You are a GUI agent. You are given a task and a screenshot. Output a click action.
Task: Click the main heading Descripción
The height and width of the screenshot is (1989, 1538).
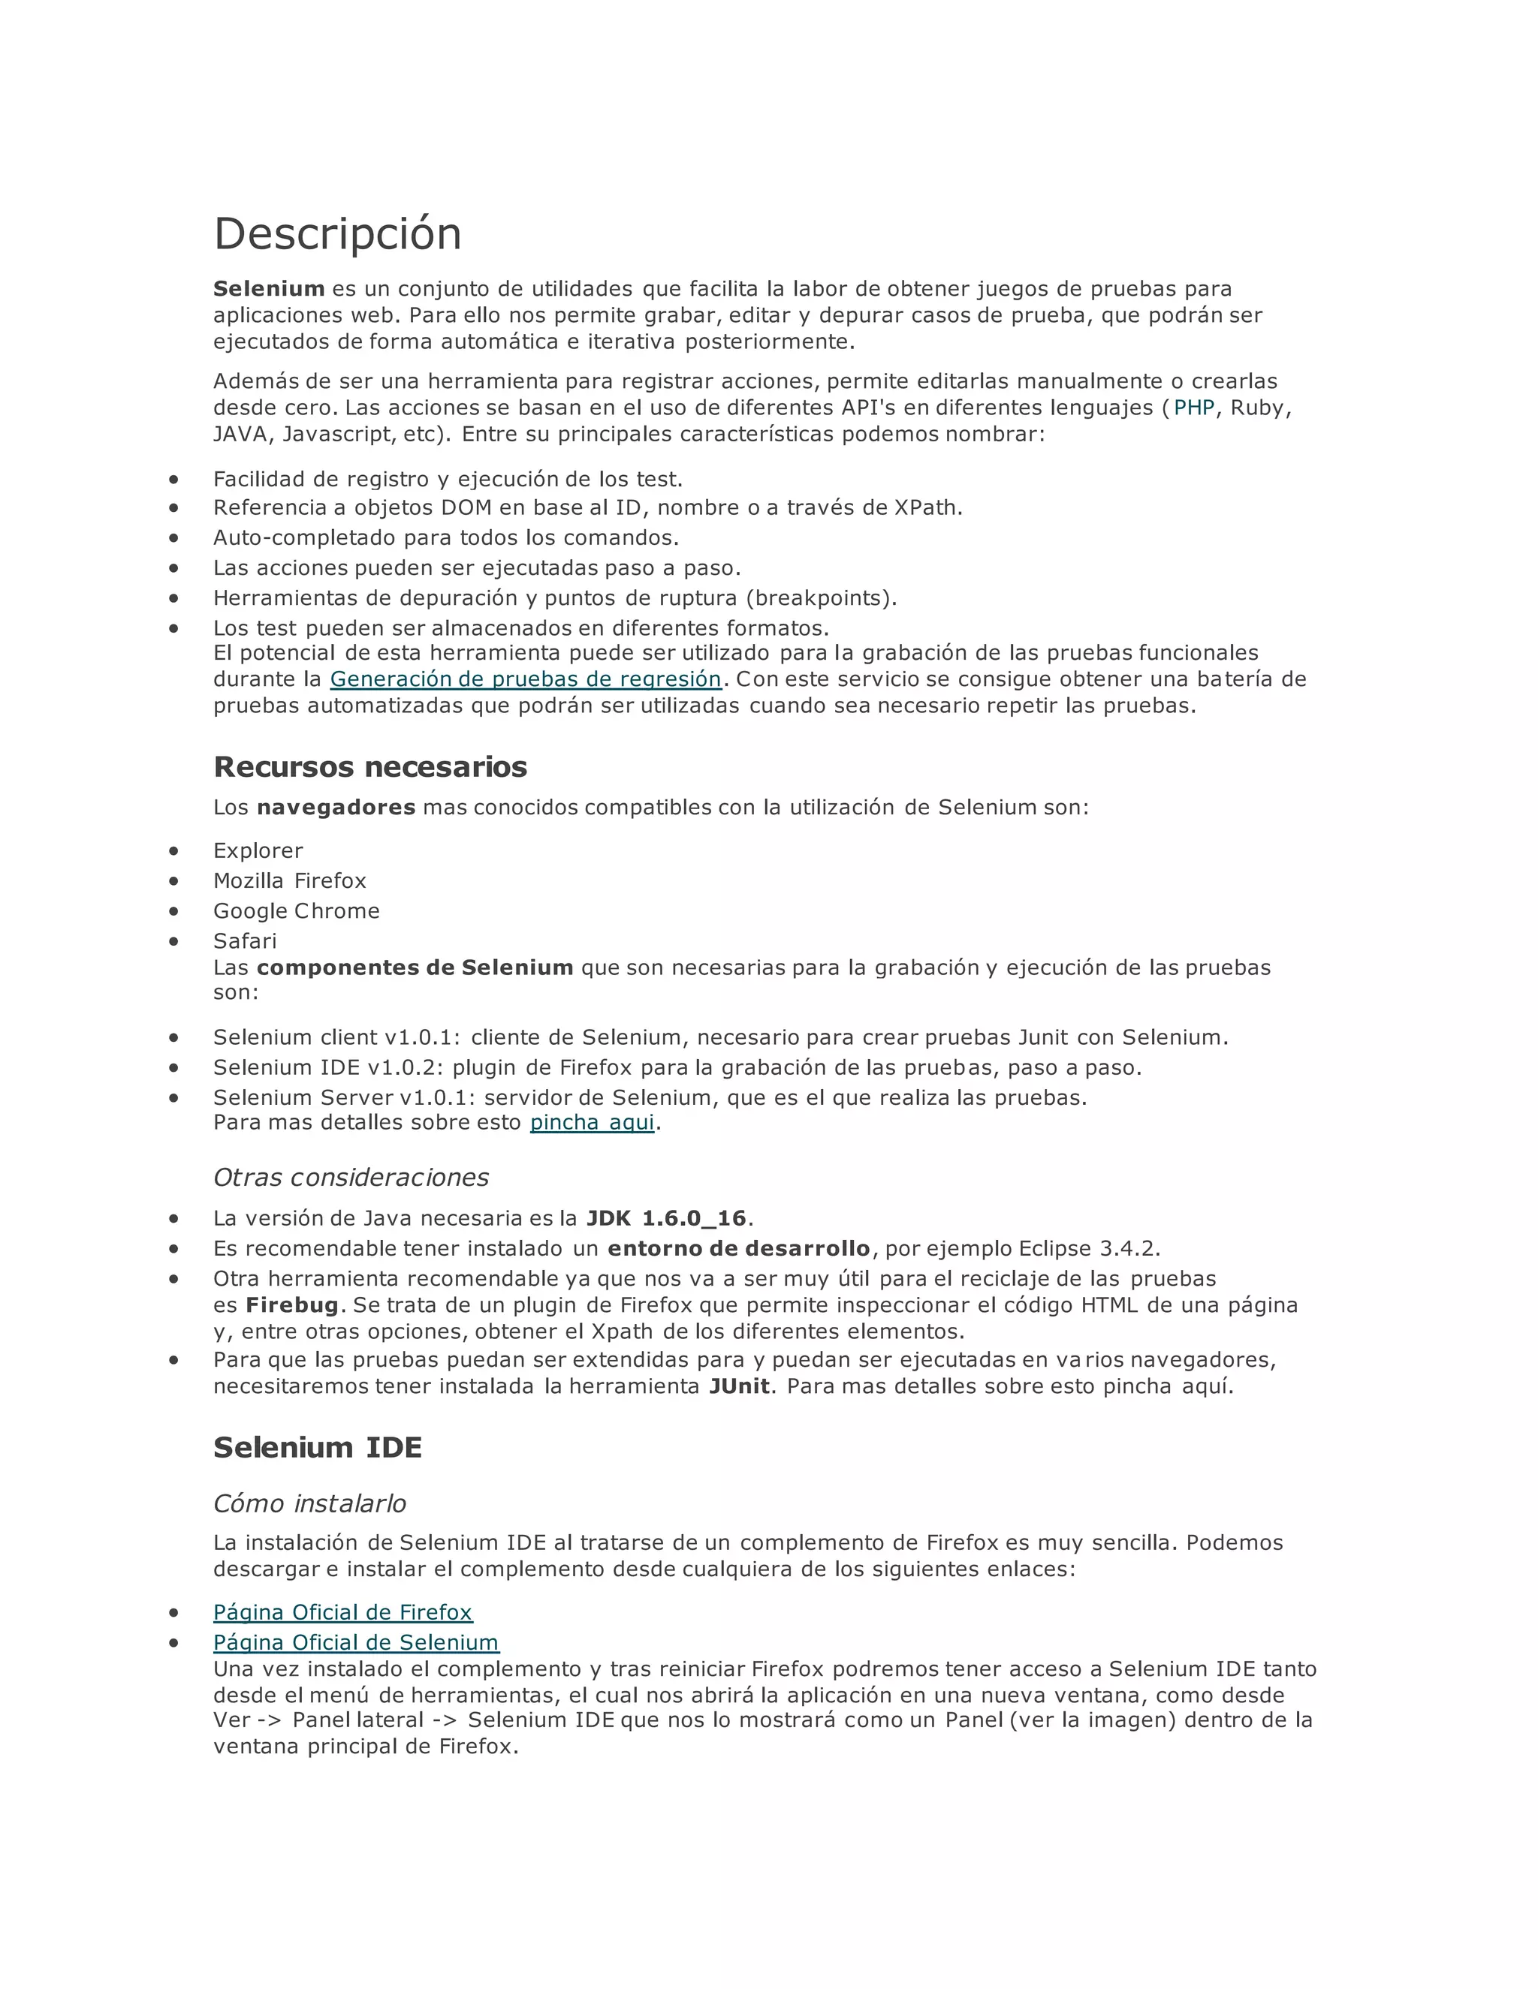[337, 234]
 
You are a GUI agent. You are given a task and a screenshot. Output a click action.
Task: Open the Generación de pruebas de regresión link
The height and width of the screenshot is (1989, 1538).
[525, 679]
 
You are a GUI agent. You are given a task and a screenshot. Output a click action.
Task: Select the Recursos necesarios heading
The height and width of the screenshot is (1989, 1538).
[370, 767]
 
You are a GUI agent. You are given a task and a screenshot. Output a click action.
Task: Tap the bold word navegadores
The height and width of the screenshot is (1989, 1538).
[336, 807]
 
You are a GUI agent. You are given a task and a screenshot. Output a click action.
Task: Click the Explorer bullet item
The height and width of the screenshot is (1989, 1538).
[258, 850]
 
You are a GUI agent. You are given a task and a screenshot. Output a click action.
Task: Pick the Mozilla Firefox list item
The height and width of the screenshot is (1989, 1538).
[290, 880]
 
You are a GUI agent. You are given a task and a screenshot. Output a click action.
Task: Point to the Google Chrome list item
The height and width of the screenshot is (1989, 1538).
[296, 910]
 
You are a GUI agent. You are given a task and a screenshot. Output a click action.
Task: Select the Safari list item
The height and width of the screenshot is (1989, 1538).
[245, 940]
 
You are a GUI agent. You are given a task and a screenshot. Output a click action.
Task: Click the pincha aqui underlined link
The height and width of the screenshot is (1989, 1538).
[593, 1122]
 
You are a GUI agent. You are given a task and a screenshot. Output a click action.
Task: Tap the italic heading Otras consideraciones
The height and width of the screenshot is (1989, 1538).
[351, 1178]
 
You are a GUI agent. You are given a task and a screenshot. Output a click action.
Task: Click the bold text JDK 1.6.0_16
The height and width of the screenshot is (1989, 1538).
[666, 1217]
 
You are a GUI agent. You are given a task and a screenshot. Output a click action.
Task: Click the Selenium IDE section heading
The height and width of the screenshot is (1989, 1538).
[317, 1447]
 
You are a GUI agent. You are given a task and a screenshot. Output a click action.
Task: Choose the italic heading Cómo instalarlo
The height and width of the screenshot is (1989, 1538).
[310, 1503]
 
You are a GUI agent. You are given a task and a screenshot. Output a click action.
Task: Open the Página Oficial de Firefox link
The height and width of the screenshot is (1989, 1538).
[342, 1612]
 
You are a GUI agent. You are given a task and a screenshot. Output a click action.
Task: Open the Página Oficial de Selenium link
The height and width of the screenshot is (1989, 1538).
[356, 1642]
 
